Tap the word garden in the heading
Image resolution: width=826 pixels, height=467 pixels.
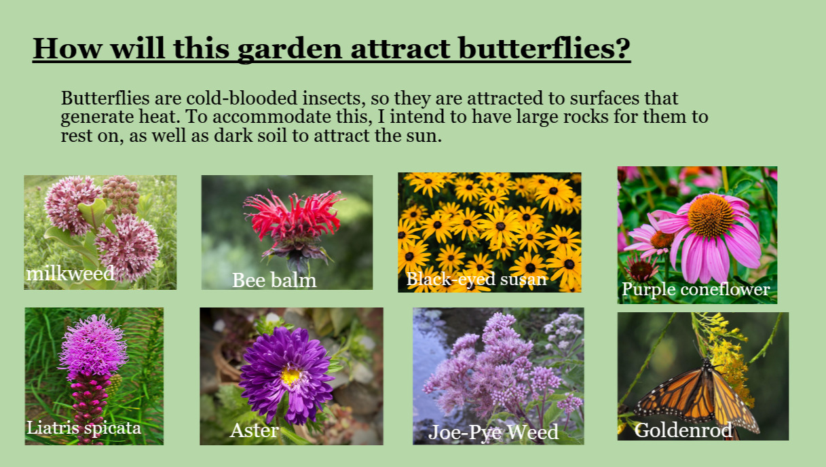[289, 50]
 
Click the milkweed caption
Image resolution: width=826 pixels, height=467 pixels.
[70, 274]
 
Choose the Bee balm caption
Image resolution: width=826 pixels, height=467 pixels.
[274, 280]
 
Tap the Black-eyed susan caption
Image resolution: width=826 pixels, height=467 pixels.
[476, 279]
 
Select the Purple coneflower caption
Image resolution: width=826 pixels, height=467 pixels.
[696, 289]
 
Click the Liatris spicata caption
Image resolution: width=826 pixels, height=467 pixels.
[83, 428]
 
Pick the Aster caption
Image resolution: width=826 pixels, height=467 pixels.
[254, 430]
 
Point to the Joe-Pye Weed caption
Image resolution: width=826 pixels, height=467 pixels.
[493, 432]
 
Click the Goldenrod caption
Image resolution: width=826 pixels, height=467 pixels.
[683, 430]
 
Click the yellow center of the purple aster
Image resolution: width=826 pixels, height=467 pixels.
[290, 375]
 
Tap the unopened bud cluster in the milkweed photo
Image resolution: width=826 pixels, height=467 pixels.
[121, 194]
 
